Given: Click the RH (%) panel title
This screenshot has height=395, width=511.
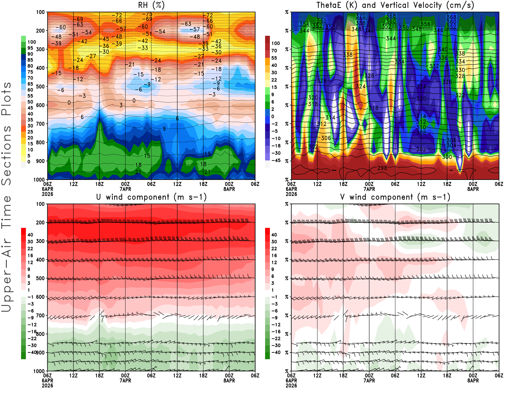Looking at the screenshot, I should point(151,5).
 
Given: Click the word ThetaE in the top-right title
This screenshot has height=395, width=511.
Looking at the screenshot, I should point(329,5).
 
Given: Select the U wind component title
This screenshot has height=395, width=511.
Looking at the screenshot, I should point(151,197).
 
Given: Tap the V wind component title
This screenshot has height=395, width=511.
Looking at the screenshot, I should point(395,197).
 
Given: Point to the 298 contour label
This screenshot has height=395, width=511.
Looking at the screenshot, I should point(382,168).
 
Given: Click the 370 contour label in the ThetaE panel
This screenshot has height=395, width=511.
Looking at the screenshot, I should point(361,16).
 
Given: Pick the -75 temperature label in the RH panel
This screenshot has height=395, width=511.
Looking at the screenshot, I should point(147,14).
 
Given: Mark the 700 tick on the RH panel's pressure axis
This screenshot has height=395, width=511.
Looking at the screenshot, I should point(40,124).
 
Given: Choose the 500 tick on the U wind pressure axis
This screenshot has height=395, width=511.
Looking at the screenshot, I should point(40,278).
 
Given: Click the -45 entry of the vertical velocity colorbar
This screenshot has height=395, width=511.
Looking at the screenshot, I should point(276,160).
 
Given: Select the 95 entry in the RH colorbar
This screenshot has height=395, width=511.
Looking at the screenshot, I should point(30,48).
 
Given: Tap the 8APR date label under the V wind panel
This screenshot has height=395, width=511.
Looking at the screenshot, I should point(473,381).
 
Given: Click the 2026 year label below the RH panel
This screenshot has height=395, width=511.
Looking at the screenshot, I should point(47,194).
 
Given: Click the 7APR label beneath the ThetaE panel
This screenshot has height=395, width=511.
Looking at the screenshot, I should point(369,189).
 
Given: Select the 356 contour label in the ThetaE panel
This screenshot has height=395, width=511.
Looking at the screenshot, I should point(425,24).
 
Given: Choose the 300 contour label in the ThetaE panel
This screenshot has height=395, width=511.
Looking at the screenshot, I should point(447,157).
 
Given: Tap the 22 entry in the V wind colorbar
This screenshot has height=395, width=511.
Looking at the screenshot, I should point(274,249).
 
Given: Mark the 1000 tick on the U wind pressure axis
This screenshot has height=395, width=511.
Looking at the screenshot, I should point(39,371).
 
